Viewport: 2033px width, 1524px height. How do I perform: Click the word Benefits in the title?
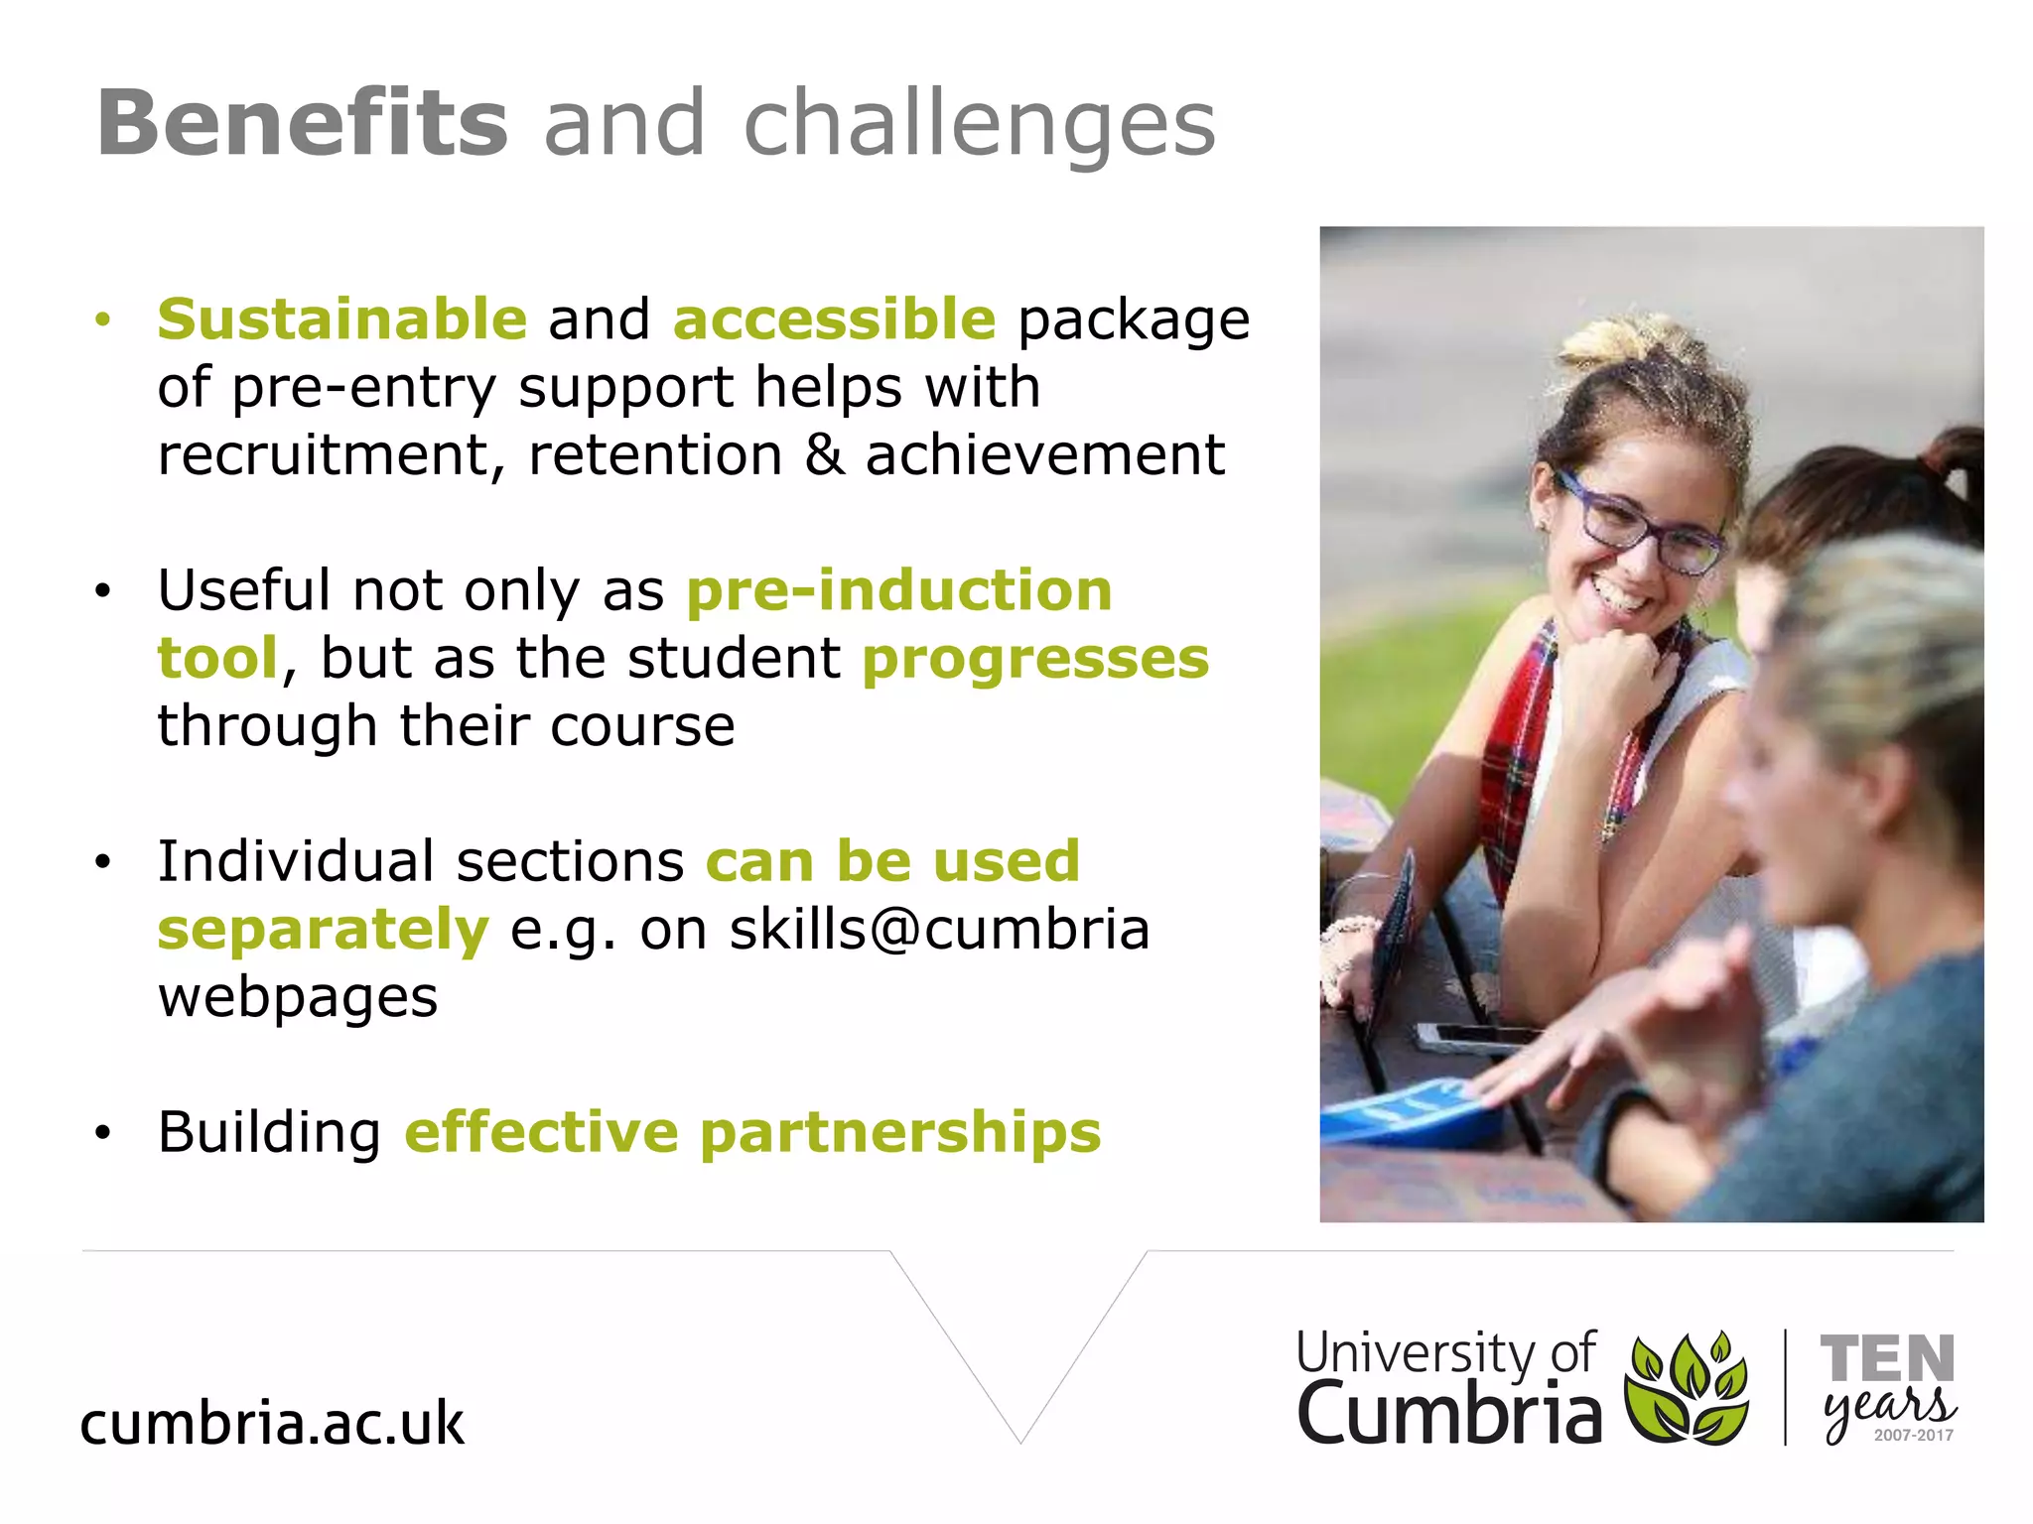[302, 123]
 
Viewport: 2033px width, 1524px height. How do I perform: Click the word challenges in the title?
[979, 125]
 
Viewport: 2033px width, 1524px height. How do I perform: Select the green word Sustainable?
[341, 318]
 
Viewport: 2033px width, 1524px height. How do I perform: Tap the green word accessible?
[834, 318]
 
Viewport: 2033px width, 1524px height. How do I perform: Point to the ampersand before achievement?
[824, 454]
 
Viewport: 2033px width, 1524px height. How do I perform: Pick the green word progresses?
[1035, 659]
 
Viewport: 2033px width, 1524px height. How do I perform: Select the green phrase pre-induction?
[899, 590]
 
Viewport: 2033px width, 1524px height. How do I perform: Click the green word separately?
[323, 930]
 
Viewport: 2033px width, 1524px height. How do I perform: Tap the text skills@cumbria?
[939, 930]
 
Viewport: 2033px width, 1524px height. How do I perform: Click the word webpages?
[298, 997]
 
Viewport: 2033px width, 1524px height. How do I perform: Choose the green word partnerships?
[900, 1132]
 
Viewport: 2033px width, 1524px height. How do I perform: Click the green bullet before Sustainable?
[102, 319]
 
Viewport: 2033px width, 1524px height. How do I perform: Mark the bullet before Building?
[102, 1133]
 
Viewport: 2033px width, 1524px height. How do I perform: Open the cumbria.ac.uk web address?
[272, 1423]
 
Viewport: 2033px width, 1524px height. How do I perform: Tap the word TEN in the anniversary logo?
[1886, 1358]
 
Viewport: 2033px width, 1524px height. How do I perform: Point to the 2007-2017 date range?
[1913, 1435]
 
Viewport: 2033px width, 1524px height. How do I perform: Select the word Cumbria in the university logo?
[1448, 1413]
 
